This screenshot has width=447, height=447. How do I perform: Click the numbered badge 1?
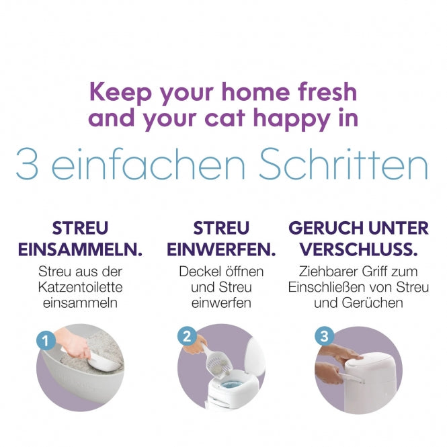(46, 341)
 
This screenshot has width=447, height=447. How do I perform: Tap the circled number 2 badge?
(186, 336)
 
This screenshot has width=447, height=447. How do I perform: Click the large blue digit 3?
(28, 165)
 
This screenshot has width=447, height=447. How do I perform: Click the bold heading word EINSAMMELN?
(80, 249)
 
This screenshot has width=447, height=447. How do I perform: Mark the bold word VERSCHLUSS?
(358, 249)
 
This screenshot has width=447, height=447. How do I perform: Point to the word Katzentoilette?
(81, 287)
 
